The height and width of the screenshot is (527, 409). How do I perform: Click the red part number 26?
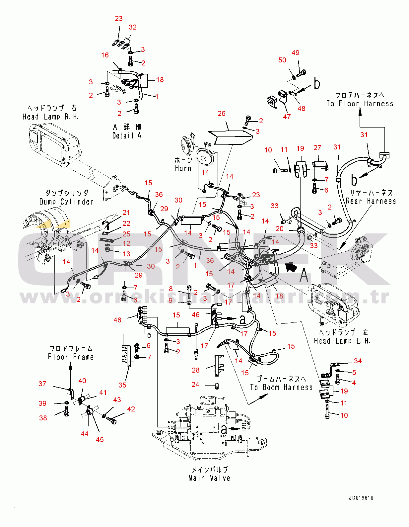[222, 114]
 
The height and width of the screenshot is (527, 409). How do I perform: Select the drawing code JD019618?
[361, 498]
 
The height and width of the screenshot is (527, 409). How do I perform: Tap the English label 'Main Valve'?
[209, 478]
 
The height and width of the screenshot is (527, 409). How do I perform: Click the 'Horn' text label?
[183, 168]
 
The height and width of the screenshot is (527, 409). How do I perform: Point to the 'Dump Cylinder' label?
[66, 202]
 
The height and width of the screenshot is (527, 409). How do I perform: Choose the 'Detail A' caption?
[127, 135]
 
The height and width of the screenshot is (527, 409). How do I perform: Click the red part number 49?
[296, 53]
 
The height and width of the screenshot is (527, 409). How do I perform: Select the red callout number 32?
[133, 27]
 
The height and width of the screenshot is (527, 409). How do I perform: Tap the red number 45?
[100, 439]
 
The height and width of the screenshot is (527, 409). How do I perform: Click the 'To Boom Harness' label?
[281, 387]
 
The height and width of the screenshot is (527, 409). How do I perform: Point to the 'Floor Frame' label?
[71, 357]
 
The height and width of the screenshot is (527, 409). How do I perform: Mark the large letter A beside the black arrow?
[304, 275]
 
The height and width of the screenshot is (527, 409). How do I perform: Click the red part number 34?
[358, 361]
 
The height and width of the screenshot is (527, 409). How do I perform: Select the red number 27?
[317, 148]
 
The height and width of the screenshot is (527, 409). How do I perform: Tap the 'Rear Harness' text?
[371, 201]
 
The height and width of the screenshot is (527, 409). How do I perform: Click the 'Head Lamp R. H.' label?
[51, 117]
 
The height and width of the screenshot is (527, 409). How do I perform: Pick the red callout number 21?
[126, 213]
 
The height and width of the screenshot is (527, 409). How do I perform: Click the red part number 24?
[195, 385]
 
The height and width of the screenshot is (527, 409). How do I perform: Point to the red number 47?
[287, 117]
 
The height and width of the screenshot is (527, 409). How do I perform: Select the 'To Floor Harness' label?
[360, 104]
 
